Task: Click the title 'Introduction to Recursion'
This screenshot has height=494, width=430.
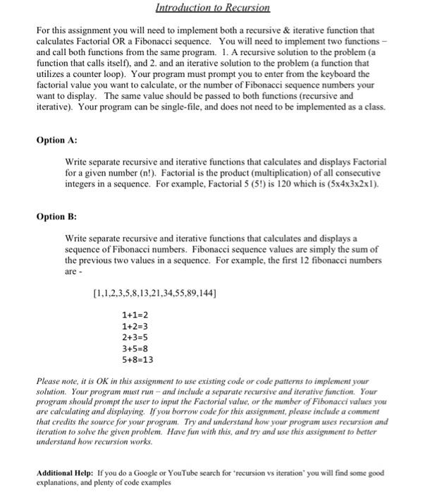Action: coord(214,9)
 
